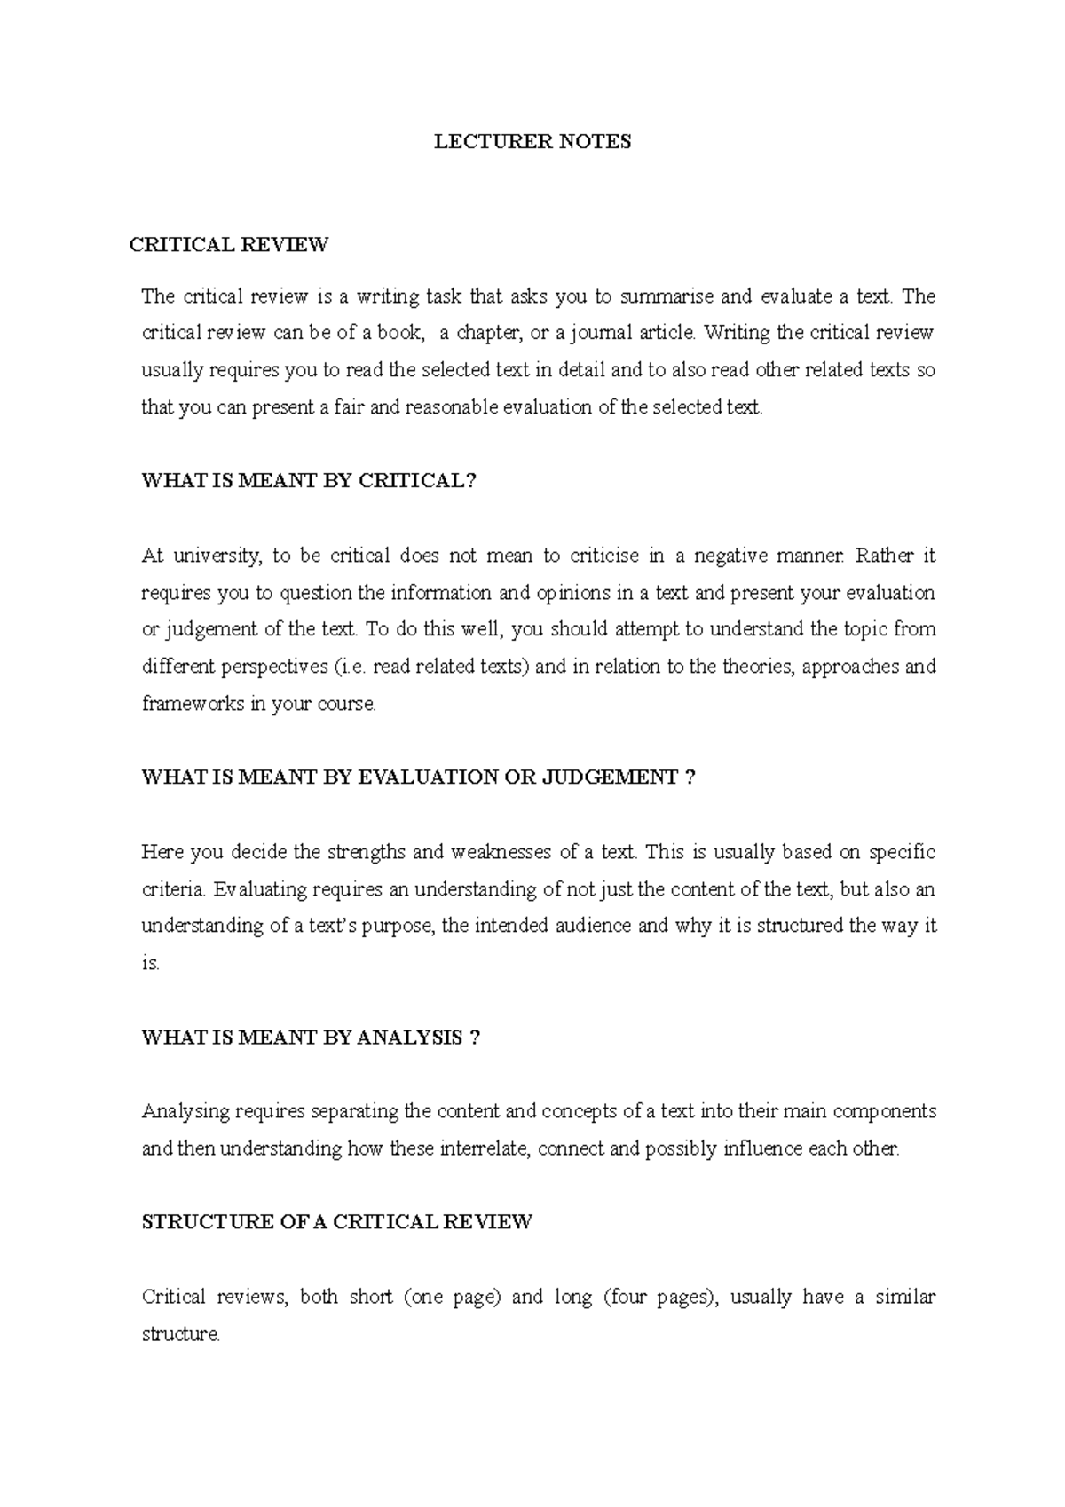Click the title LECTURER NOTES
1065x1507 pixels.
click(x=532, y=142)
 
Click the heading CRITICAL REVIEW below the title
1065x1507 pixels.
click(x=229, y=245)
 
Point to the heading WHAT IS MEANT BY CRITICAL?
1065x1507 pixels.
click(x=309, y=481)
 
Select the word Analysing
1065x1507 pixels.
click(x=185, y=1112)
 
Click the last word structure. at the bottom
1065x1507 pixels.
click(x=180, y=1335)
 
